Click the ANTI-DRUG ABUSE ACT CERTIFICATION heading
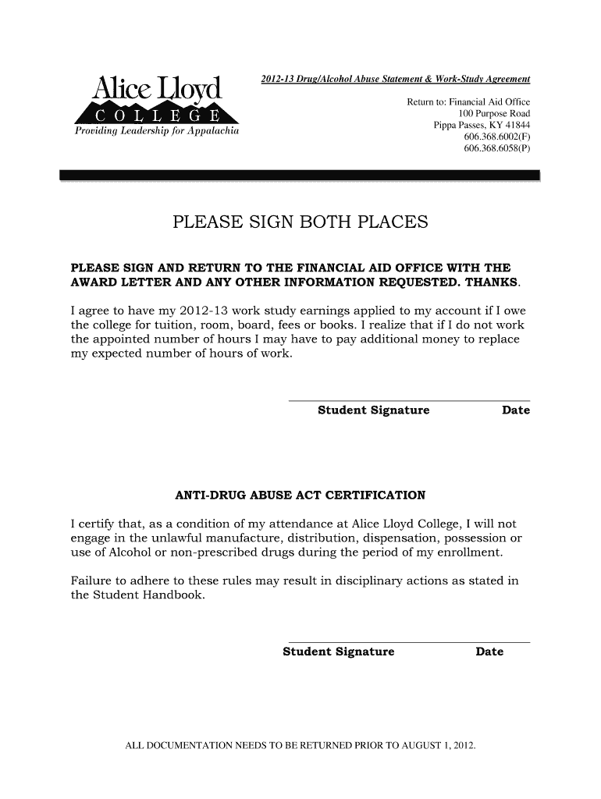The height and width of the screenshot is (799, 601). point(300,495)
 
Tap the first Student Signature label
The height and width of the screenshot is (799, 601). point(374,410)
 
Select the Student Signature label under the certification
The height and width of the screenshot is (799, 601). point(339,652)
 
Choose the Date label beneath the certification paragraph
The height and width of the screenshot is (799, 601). point(489,652)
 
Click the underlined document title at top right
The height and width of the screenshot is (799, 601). point(394,80)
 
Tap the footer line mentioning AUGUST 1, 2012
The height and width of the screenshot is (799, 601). point(300,746)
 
